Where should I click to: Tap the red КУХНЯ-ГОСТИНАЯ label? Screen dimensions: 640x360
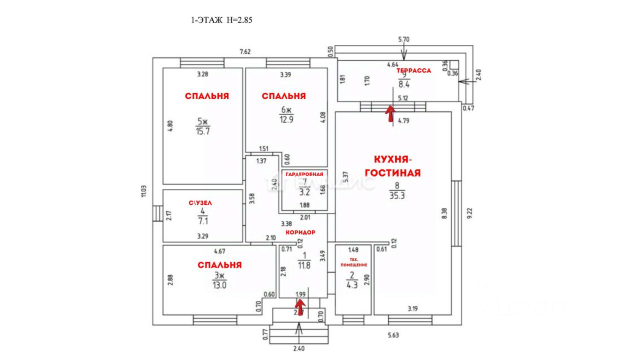coord(393,166)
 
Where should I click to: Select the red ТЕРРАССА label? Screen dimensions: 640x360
coord(414,71)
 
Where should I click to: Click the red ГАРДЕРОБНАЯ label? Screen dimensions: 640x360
coord(304,174)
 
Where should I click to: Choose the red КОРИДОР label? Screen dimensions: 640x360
coord(300,233)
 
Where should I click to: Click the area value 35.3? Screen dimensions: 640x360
coord(397,195)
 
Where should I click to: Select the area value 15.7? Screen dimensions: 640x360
coord(202,130)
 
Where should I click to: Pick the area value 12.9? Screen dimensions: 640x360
coord(286,119)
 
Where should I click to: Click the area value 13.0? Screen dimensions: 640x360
coord(219,285)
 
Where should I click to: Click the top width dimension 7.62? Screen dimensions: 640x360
coord(245,51)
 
